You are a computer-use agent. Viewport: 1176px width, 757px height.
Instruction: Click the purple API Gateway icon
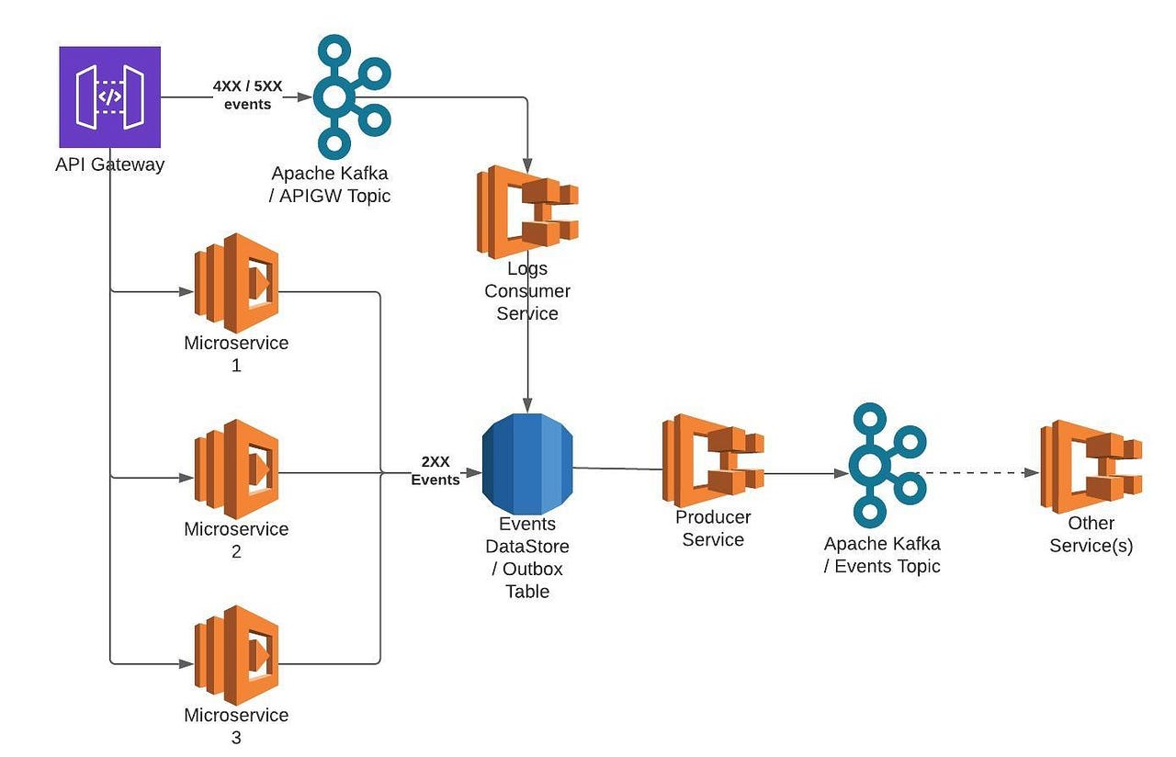[109, 97]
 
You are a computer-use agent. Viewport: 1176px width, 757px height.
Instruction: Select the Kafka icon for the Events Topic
[883, 465]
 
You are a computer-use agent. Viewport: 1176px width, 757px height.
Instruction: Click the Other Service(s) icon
[1091, 467]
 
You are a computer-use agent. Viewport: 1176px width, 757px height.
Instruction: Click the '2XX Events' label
[435, 471]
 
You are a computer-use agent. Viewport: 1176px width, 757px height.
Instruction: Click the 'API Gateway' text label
[109, 164]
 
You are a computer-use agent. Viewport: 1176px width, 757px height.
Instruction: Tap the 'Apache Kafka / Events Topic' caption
[882, 555]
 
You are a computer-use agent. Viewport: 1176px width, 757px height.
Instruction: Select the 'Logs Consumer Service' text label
[527, 291]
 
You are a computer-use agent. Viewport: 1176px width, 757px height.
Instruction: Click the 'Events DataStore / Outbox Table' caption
[527, 558]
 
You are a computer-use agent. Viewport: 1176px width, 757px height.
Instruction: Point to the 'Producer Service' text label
[713, 528]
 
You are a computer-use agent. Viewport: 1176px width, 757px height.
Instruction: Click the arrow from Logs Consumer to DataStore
[527, 367]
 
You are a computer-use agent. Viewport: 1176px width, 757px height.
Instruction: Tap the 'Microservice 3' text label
[236, 726]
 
